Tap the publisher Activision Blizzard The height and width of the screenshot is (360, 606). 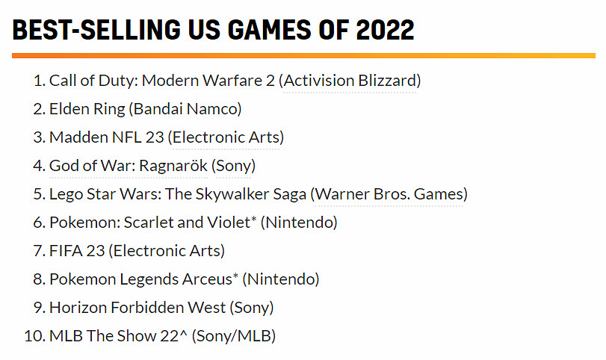pos(350,81)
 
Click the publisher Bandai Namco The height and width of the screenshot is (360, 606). pos(185,109)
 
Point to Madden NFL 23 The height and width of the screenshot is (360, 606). pos(105,137)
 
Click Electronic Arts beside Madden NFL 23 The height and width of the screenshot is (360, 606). pos(226,137)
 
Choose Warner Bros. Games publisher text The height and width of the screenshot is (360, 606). pos(389,194)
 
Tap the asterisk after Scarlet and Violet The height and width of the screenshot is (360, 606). pos(253,220)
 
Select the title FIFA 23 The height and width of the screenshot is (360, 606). pos(76,251)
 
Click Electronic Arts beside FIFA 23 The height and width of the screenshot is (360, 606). pos(167,251)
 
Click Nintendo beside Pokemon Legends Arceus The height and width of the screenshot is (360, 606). pos(281,279)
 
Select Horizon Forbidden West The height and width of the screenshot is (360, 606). pos(137,308)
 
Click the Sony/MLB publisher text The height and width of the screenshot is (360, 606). pos(234,336)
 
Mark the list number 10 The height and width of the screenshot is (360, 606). pos(34,336)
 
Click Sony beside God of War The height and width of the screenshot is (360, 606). pos(234,166)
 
